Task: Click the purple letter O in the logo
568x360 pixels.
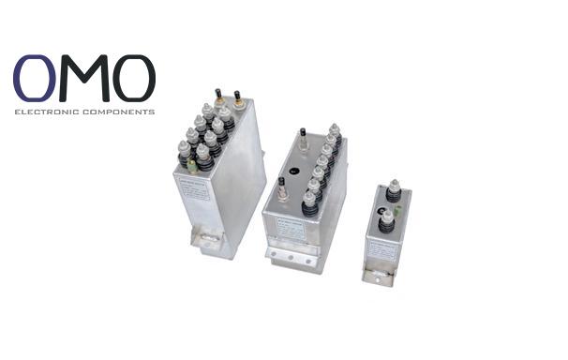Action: [36, 79]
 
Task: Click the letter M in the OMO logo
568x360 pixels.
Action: [85, 79]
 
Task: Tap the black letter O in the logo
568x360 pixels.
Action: [134, 79]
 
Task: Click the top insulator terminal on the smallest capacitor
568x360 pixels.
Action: [394, 188]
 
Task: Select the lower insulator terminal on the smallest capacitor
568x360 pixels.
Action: [386, 221]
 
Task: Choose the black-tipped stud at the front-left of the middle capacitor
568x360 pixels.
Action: [280, 184]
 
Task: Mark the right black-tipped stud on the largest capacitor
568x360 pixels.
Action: [238, 97]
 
